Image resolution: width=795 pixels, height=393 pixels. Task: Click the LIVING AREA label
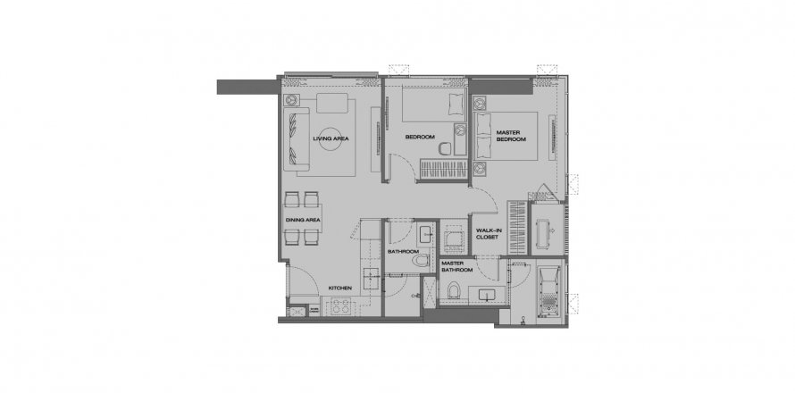click(331, 138)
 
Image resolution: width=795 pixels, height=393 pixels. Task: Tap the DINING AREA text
click(303, 220)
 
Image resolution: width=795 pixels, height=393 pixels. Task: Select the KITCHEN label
click(339, 288)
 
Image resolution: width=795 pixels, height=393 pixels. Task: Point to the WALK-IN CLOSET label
click(489, 234)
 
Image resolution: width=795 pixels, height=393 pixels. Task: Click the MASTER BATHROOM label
click(456, 267)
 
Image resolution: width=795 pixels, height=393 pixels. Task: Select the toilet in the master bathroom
click(454, 290)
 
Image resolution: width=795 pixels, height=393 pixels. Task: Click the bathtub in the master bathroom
click(548, 290)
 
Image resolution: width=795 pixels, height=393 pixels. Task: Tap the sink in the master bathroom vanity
click(488, 295)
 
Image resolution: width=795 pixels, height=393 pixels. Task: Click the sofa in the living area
click(297, 138)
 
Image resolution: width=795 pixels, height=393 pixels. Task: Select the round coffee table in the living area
click(331, 138)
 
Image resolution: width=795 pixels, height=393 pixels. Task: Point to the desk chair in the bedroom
click(445, 148)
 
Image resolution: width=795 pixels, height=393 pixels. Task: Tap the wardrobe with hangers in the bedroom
click(443, 169)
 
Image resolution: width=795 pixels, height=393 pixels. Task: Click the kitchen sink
click(371, 277)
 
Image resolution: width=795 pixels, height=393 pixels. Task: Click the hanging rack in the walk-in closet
click(517, 228)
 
